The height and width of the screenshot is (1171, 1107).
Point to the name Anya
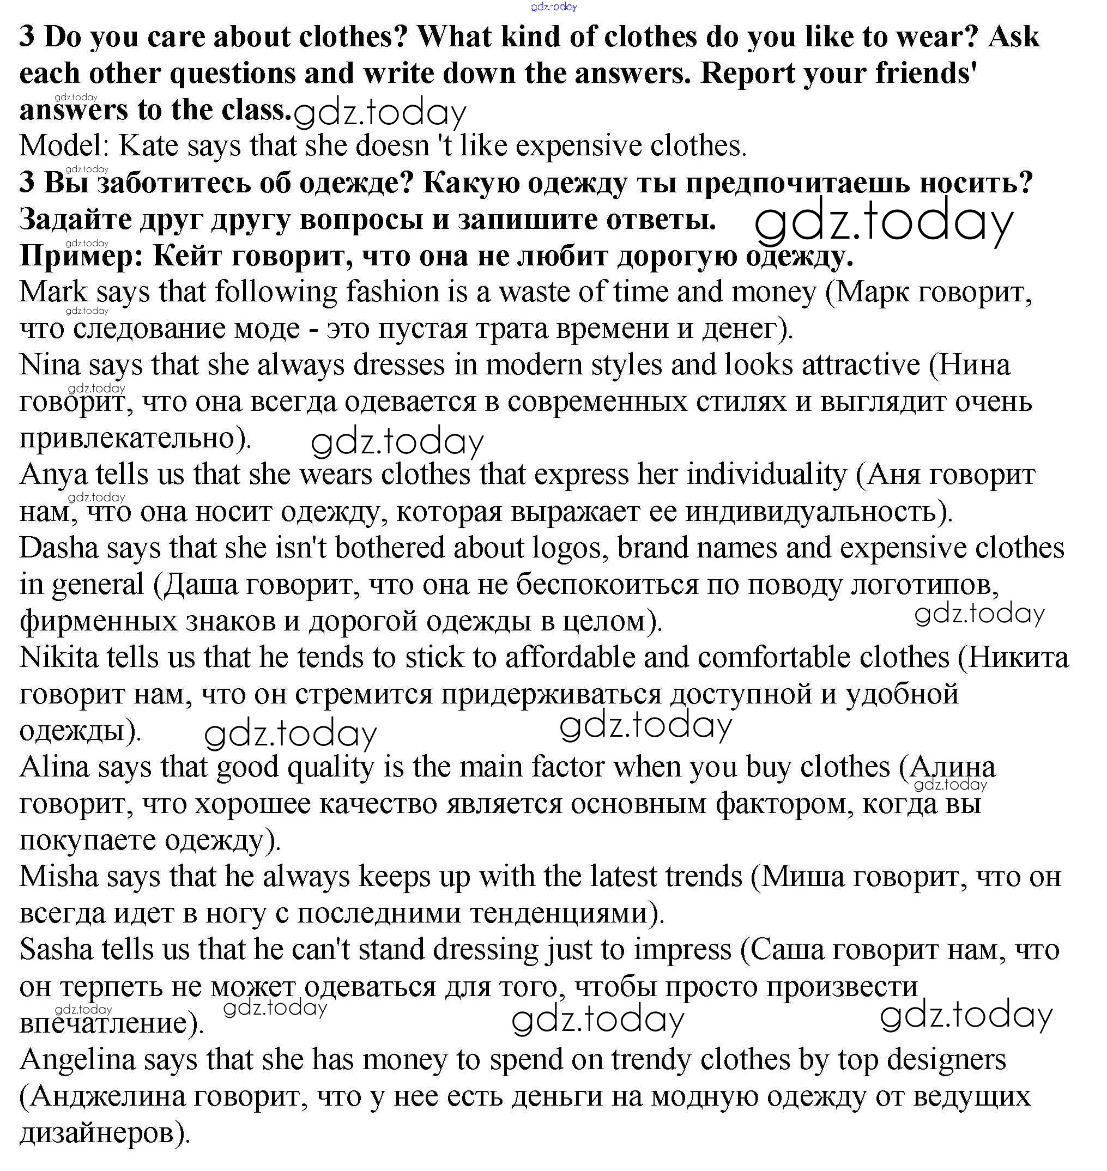click(53, 475)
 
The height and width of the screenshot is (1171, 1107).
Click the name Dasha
click(58, 548)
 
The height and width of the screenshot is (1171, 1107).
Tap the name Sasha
click(56, 950)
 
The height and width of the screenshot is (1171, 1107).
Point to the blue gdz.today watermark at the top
click(554, 7)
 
